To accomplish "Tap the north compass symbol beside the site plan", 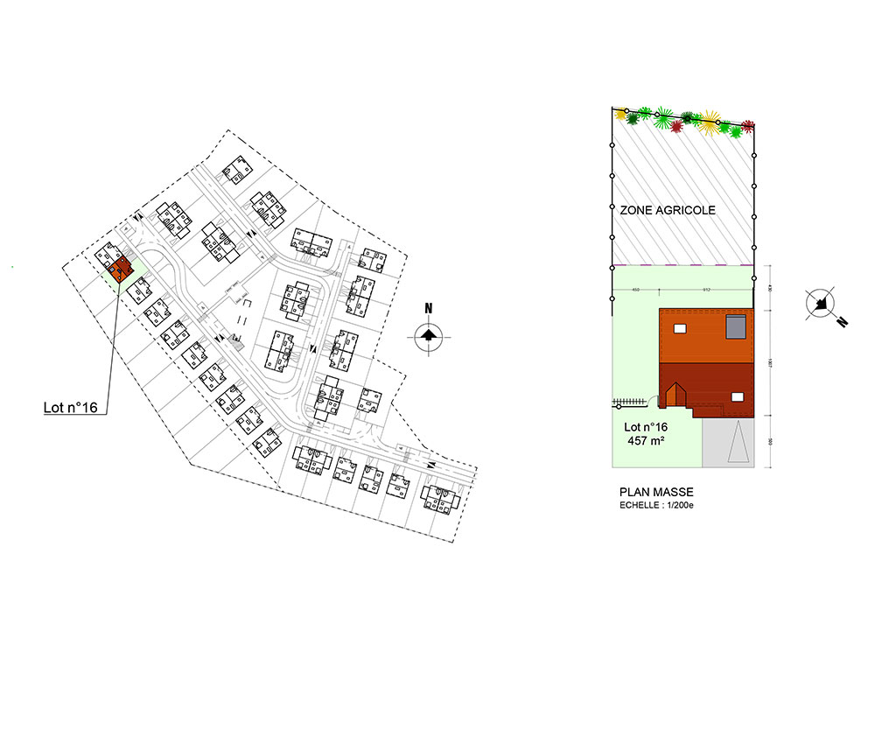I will point(428,335).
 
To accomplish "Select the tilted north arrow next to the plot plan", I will point(822,303).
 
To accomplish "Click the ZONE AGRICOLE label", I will point(668,211).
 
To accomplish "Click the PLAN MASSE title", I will point(655,493).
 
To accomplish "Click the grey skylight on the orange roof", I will point(736,326).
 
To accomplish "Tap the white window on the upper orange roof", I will point(679,329).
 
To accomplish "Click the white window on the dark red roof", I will point(737,397).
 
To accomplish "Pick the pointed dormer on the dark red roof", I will point(674,396).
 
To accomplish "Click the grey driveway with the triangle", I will point(728,441).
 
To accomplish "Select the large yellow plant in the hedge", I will point(709,121).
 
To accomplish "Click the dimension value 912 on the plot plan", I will point(705,291).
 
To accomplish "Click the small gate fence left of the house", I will point(629,402).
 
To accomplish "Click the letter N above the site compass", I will point(429,308).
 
